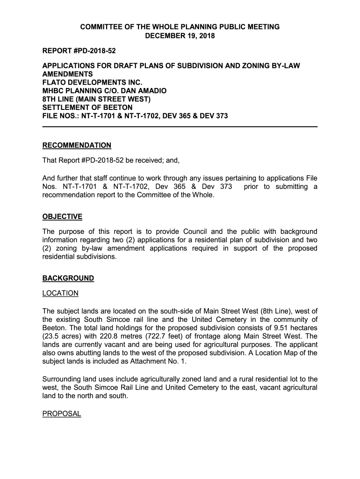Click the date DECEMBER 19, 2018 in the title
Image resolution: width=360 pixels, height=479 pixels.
tap(180, 36)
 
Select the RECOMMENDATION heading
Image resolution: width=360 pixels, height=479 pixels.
tap(77, 145)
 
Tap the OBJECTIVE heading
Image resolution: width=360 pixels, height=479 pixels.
tap(62, 217)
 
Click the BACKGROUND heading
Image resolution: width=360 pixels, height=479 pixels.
tap(68, 278)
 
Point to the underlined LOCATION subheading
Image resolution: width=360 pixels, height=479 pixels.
tap(60, 293)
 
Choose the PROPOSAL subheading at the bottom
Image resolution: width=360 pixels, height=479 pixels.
tap(62, 414)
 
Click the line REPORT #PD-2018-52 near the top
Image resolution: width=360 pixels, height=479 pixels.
tap(79, 50)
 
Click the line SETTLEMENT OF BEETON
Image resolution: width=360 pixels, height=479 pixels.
tap(87, 107)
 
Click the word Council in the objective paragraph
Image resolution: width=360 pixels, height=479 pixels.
tap(198, 232)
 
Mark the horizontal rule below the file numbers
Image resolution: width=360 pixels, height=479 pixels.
tap(180, 127)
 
